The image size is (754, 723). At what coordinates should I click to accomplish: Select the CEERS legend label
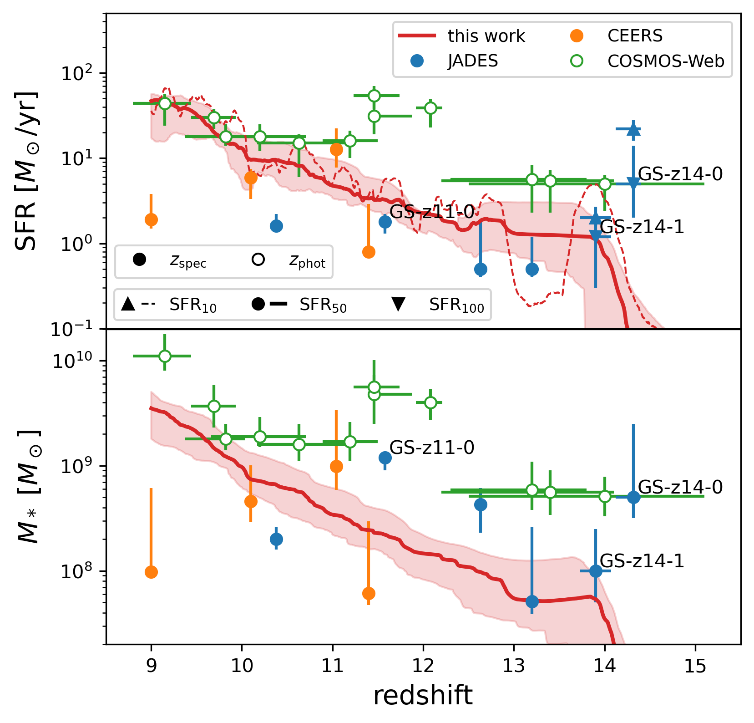coord(635,36)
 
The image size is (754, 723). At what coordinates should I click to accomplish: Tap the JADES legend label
coord(473,61)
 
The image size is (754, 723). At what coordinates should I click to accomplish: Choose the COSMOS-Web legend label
coord(666,61)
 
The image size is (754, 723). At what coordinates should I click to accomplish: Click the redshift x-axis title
coord(423,696)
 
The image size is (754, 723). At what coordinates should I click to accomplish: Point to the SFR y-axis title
coord(26,171)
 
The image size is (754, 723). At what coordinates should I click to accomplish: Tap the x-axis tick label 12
coord(423,666)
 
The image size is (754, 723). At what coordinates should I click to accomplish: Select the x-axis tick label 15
coord(695,666)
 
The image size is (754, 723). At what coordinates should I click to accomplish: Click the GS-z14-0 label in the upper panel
coord(680,174)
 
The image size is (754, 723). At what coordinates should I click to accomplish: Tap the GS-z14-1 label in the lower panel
coord(642,561)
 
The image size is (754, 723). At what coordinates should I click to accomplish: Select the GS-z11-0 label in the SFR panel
coord(432,212)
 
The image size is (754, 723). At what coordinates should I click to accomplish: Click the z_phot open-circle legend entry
coord(258,260)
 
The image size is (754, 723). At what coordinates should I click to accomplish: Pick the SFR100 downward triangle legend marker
coord(399,304)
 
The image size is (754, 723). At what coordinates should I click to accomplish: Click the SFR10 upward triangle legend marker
coord(128,304)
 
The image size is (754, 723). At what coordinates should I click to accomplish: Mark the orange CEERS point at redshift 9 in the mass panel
coord(151,572)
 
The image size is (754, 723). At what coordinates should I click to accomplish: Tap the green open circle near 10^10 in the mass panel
coord(165,356)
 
